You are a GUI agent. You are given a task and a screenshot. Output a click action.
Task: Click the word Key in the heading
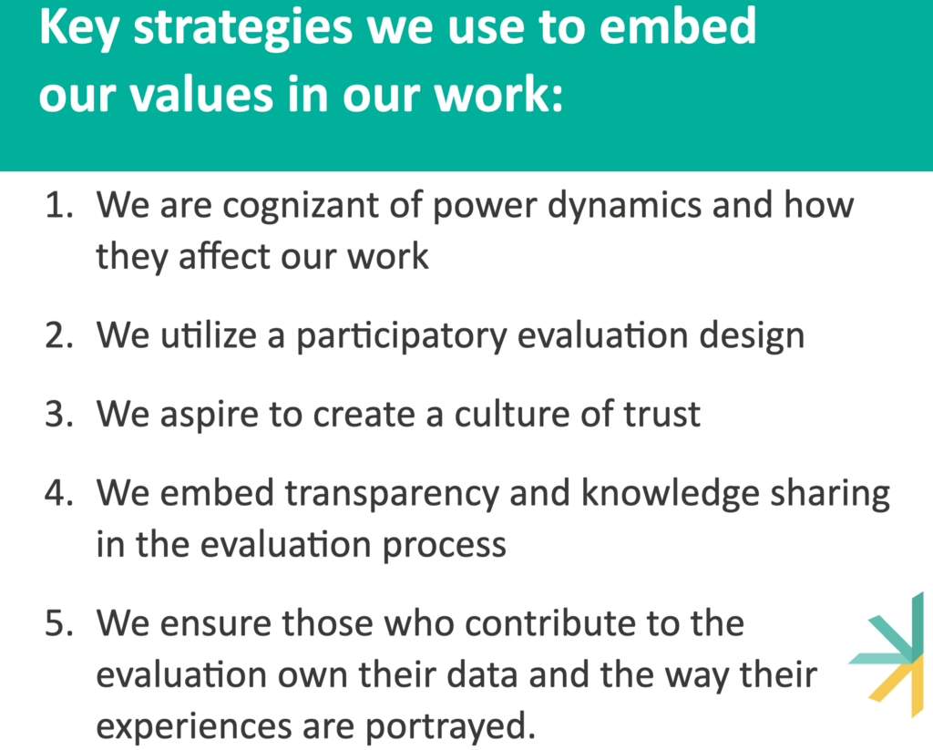pyautogui.click(x=78, y=28)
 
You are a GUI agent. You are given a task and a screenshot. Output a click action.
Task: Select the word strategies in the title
pyautogui.click(x=242, y=28)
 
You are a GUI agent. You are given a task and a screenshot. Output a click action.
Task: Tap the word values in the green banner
pyautogui.click(x=201, y=95)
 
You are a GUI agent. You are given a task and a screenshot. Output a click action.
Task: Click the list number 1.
pyautogui.click(x=59, y=205)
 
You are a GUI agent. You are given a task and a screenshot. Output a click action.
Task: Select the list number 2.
pyautogui.click(x=59, y=335)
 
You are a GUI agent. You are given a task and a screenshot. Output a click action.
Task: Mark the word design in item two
pyautogui.click(x=752, y=336)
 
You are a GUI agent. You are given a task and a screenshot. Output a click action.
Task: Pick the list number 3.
pyautogui.click(x=59, y=414)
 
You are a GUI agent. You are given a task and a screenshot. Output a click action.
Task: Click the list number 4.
pyautogui.click(x=59, y=493)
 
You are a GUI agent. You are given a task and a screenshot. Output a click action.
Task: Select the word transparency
pyautogui.click(x=392, y=495)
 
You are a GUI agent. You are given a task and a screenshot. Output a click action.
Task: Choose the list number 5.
pyautogui.click(x=59, y=623)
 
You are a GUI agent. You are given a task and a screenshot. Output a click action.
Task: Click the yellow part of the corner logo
pyautogui.click(x=898, y=687)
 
